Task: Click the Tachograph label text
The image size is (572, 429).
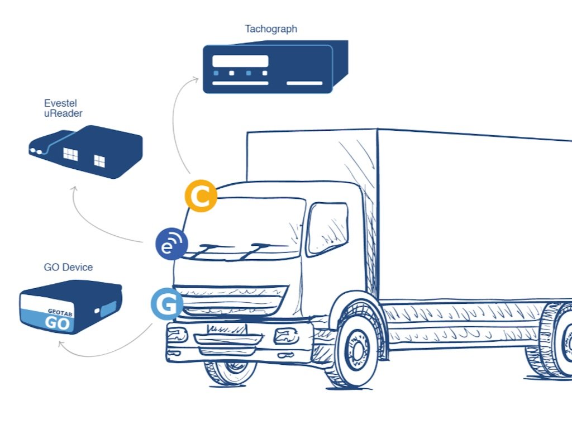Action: (271, 29)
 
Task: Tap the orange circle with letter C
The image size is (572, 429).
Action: (201, 196)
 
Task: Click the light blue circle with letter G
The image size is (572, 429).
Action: (167, 304)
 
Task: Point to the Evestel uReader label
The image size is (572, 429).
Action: (64, 108)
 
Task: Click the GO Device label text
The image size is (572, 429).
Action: (68, 268)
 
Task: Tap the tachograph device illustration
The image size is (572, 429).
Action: (274, 67)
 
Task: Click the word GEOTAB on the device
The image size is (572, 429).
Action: (60, 313)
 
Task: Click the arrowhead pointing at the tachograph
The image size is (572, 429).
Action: (196, 80)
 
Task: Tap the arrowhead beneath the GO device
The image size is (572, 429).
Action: (61, 345)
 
